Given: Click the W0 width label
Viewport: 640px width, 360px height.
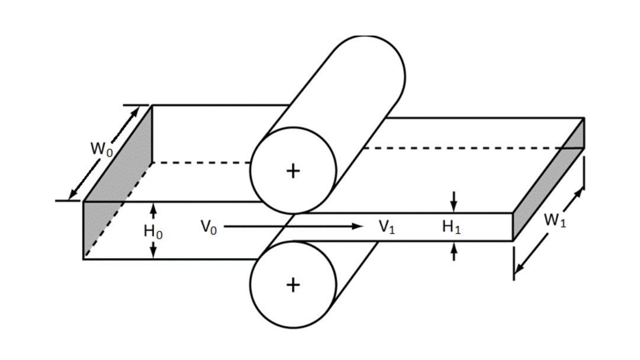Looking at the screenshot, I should coord(101,149).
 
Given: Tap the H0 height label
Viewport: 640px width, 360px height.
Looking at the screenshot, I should coord(153,231).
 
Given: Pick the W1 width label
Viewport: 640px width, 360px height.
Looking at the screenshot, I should coord(554,221).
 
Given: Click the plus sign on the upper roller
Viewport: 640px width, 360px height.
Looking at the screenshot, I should coord(293,171).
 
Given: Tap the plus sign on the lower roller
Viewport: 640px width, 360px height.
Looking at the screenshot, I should coord(293,285).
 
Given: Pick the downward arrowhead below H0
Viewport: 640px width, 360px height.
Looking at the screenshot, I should coord(153,253).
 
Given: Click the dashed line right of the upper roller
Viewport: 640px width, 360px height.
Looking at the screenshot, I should coord(462,148).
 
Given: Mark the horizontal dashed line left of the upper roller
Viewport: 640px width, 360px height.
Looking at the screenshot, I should coord(201,162).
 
